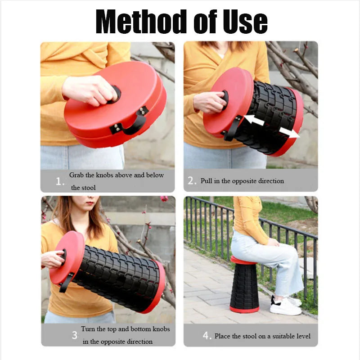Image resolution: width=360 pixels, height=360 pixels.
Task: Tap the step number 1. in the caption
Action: pos(60,182)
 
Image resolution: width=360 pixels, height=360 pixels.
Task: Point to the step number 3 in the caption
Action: pos(74,335)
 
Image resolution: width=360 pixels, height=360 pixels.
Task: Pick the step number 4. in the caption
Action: pos(207,336)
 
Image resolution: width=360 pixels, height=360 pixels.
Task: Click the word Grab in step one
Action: pos(76,175)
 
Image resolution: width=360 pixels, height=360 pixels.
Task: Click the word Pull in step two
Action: pos(207,181)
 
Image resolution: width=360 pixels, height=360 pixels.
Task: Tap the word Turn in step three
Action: pos(88,329)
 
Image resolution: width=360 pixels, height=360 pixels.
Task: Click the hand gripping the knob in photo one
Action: pos(90,90)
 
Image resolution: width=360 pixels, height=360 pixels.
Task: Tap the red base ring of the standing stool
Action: pos(244,310)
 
